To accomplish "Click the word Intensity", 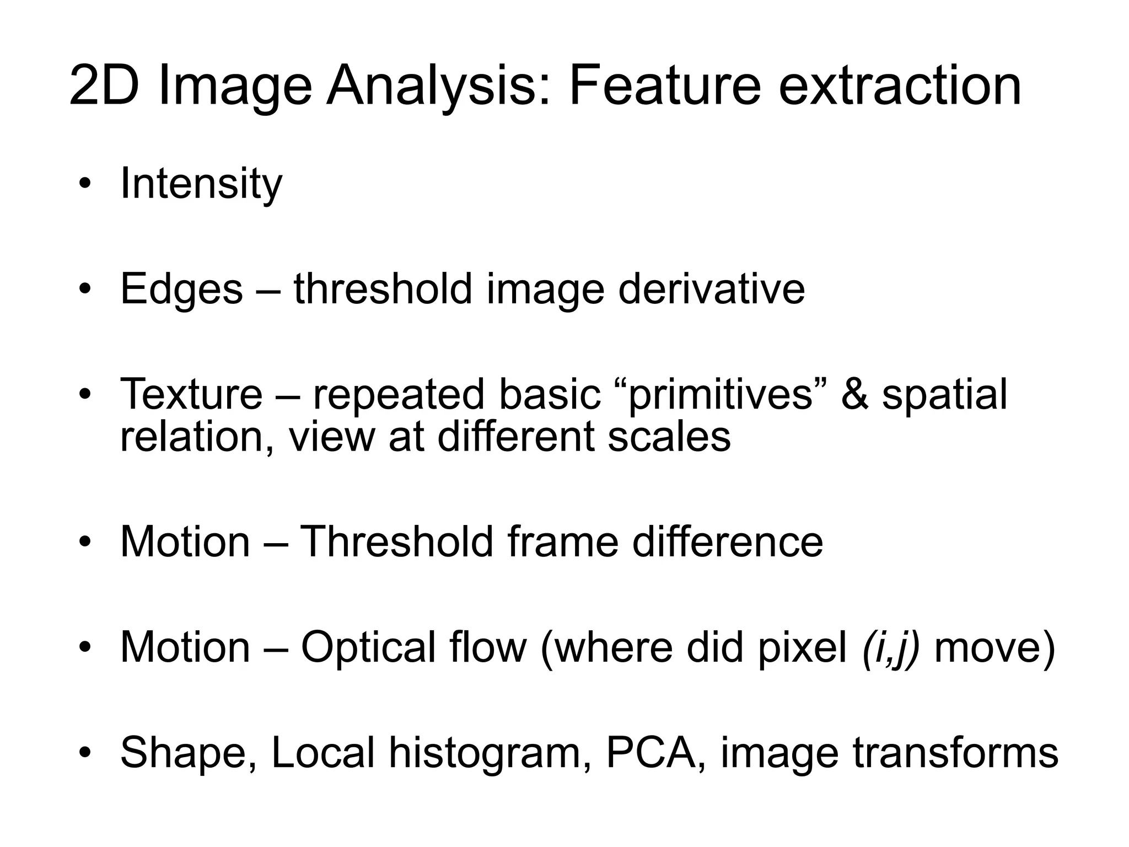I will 201,184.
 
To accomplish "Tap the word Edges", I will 181,289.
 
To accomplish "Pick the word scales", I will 669,436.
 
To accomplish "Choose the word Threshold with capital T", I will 396,542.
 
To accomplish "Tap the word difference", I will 727,542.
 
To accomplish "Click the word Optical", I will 368,647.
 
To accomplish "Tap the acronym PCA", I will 651,752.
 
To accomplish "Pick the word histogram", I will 486,753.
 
